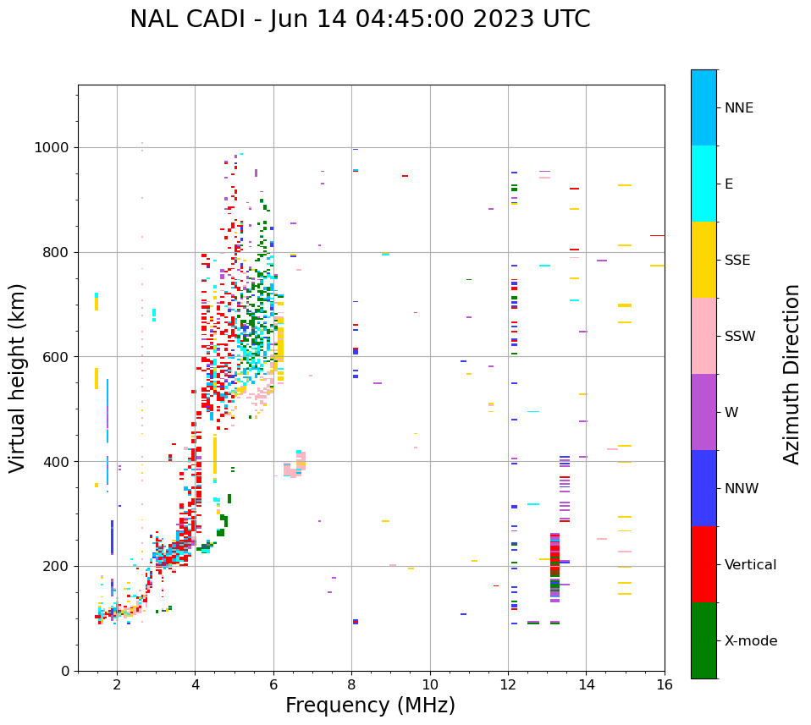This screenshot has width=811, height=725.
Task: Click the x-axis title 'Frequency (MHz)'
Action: [x=370, y=706]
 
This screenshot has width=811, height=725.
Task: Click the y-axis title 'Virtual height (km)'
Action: [x=18, y=377]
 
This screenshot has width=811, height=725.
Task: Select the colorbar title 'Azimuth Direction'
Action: [x=792, y=374]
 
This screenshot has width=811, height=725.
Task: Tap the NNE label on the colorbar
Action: [x=739, y=108]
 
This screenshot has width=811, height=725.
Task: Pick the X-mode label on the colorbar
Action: [x=751, y=641]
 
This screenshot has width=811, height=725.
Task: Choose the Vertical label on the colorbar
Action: [x=750, y=565]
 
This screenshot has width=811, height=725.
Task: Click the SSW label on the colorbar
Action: [x=740, y=337]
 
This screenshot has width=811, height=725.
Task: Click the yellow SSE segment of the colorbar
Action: [x=703, y=260]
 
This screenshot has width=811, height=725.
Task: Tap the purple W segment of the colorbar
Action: [x=703, y=412]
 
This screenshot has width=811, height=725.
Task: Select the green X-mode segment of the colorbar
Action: [x=703, y=640]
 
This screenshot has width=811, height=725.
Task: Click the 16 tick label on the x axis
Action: [x=665, y=684]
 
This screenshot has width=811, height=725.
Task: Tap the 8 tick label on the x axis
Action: [x=351, y=684]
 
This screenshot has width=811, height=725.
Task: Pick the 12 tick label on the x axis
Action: [x=508, y=684]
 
